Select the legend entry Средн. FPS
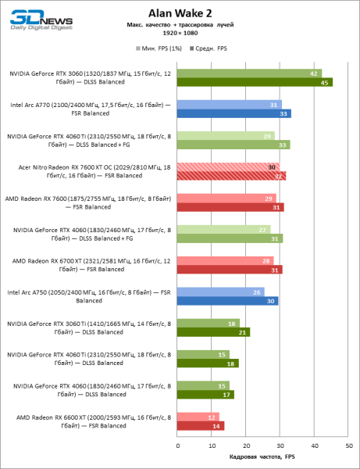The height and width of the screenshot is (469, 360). coord(209,48)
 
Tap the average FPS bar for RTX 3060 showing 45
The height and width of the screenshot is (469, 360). coord(255,82)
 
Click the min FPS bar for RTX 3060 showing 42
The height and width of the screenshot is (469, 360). coord(249,73)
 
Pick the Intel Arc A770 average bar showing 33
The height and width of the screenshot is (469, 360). coord(234,113)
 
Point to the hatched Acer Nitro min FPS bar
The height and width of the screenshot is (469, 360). coord(228,166)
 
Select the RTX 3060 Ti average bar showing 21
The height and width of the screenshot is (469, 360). coord(213,332)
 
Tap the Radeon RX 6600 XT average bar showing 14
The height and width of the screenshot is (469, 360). coord(201,426)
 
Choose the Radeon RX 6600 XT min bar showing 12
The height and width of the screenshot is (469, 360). coord(198,417)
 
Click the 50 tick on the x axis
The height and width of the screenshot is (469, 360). coord(349,445)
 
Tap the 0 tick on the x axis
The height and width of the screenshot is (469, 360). coord(177,445)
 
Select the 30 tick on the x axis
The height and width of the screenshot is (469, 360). coord(280,445)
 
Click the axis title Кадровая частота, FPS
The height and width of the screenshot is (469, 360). coord(262,456)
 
